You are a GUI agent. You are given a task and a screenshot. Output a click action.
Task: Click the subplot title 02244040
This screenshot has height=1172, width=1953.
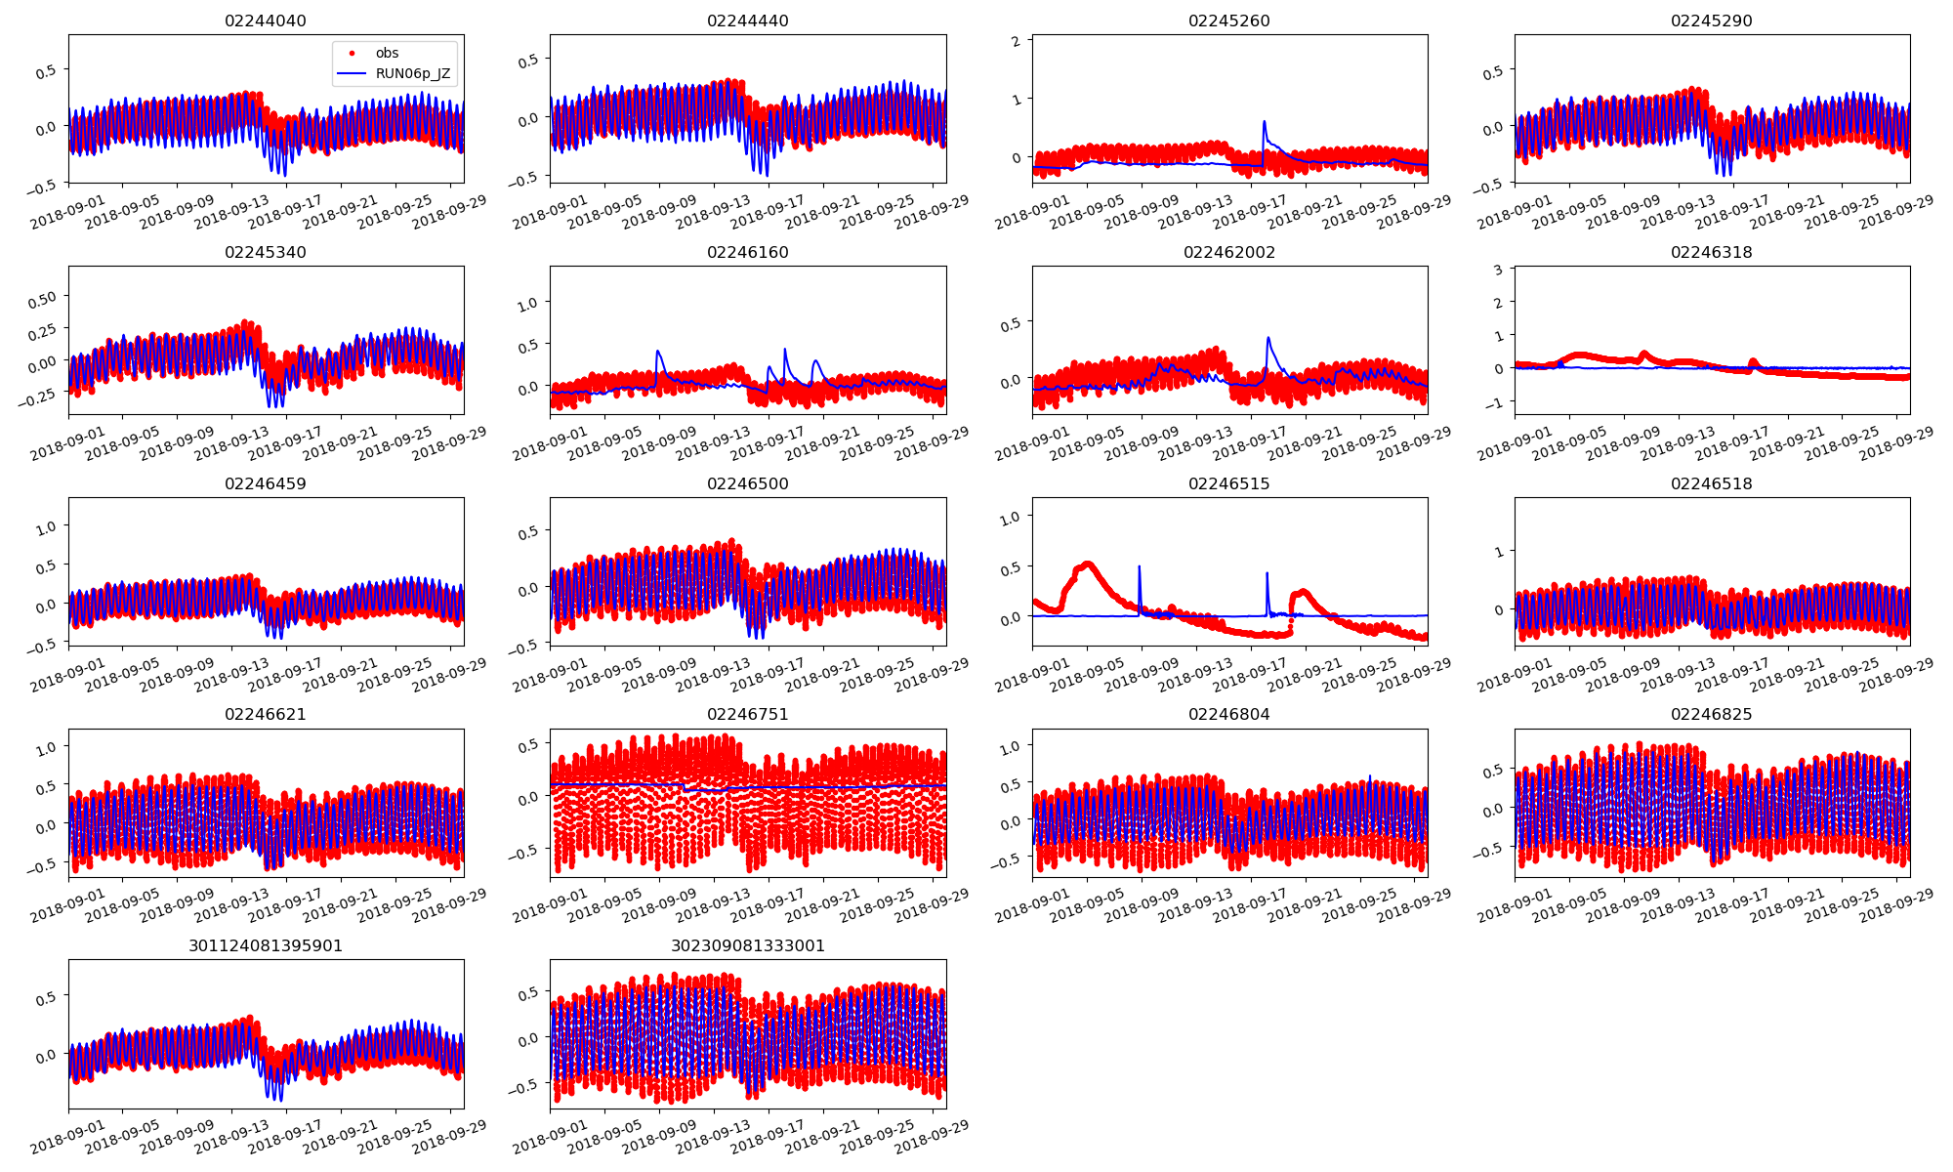pos(265,21)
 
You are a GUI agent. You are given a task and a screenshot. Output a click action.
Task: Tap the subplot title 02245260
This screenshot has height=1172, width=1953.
pos(1228,21)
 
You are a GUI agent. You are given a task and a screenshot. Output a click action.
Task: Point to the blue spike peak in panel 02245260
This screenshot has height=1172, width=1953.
pos(1265,122)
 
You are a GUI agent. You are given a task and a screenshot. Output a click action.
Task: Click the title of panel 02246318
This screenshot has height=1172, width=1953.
pos(1711,253)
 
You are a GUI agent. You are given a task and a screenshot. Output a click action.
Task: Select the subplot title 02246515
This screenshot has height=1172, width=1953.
pos(1228,484)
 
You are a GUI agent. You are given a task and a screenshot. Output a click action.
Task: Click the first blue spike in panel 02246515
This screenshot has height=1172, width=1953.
pos(1139,566)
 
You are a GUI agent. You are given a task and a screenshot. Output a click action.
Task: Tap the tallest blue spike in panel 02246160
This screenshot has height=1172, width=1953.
pos(785,349)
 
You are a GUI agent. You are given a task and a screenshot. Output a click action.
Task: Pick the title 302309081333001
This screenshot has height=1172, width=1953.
pos(747,946)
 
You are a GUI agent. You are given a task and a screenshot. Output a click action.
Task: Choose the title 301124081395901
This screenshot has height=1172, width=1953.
pos(265,946)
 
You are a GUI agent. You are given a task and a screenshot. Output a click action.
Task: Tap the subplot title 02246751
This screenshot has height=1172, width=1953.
pos(747,715)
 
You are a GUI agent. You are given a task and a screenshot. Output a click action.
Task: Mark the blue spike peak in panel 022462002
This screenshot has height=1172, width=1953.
pos(1268,338)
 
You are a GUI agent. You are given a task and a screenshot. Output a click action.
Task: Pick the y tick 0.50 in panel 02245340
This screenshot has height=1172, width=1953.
pos(43,297)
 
